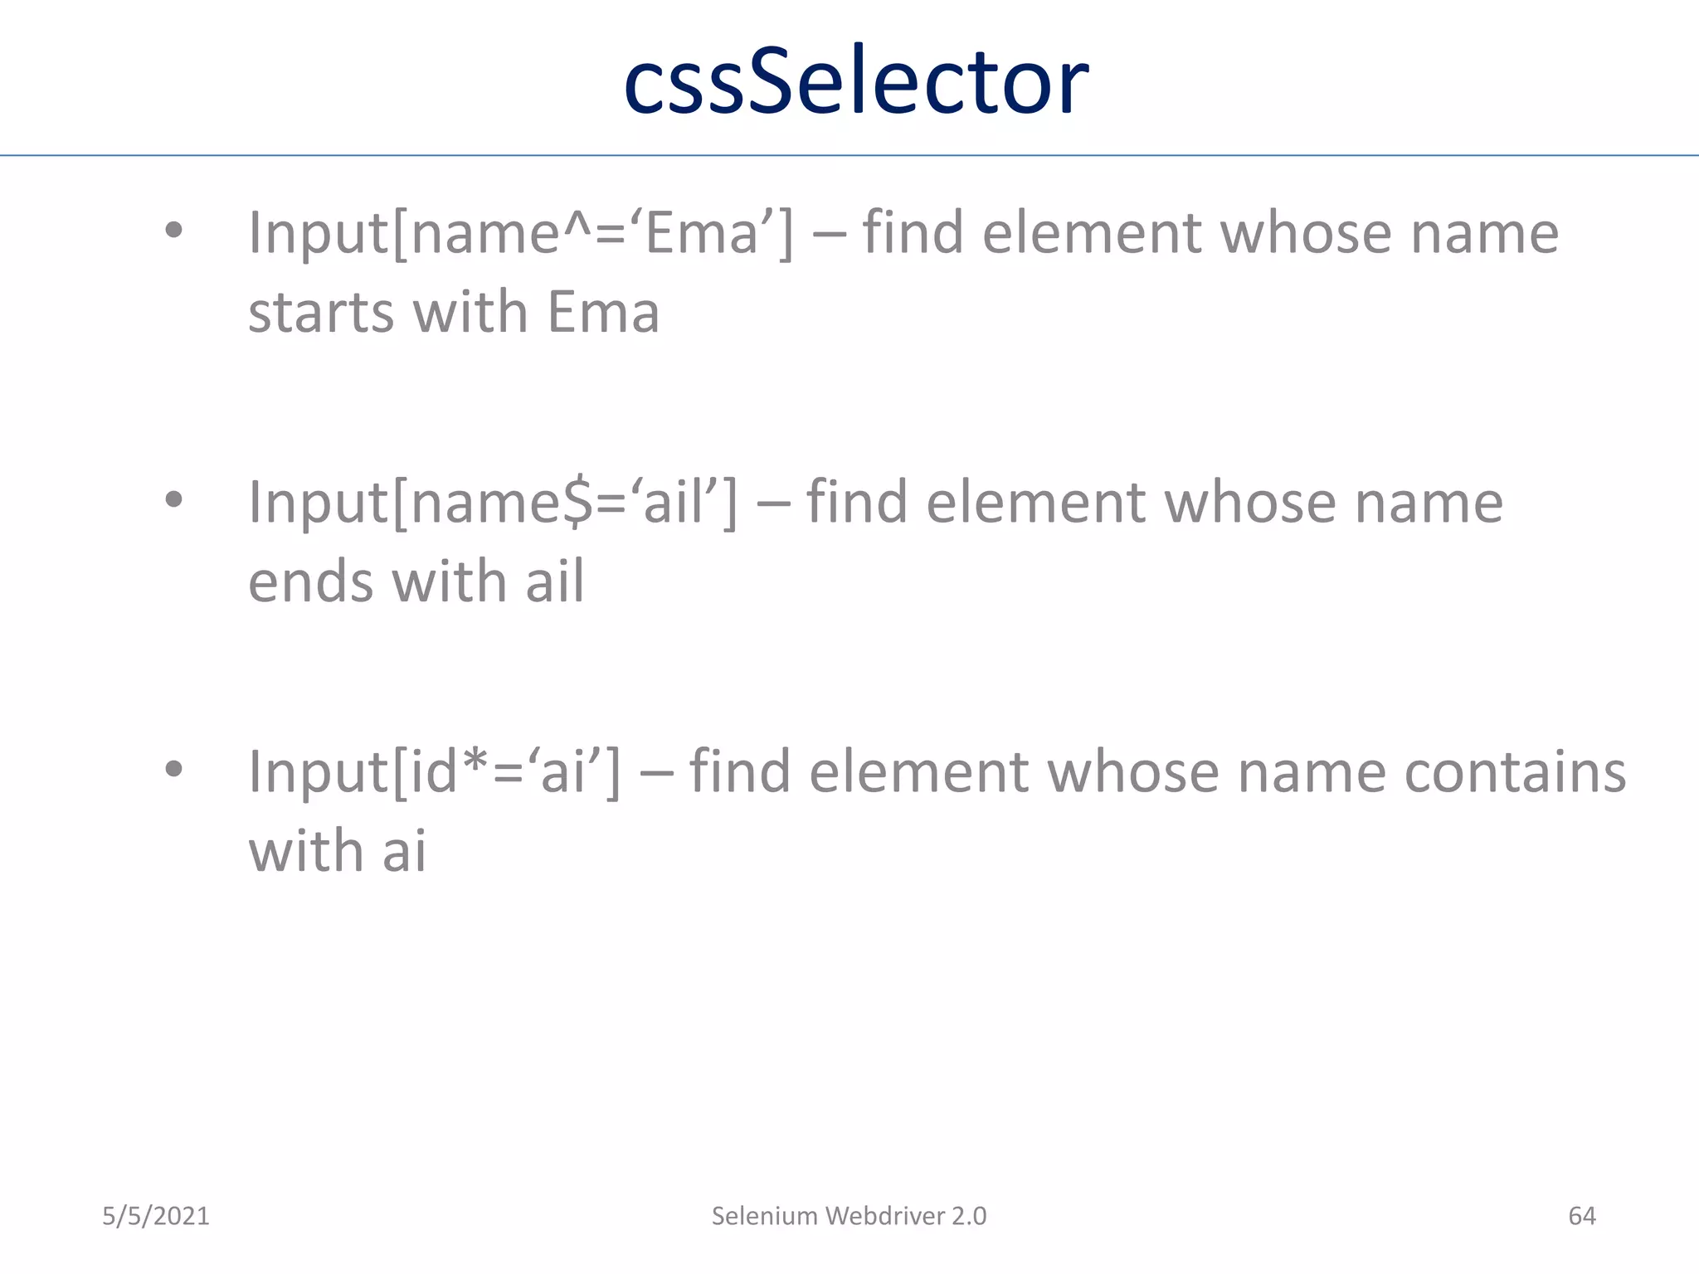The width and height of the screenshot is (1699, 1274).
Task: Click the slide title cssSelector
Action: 855,82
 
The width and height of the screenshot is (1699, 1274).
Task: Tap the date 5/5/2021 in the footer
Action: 156,1216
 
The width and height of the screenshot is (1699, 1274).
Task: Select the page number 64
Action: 1581,1216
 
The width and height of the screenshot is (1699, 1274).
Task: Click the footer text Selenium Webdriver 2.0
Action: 849,1216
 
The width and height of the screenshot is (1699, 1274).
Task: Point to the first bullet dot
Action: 173,231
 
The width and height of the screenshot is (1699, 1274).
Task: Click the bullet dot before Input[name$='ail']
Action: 173,500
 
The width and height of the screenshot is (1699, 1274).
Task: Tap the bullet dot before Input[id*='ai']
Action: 173,769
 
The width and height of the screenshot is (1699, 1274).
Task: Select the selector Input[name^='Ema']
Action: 520,233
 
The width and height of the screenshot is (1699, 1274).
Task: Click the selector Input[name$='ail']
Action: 492,503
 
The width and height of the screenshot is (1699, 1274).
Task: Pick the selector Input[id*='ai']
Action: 434,772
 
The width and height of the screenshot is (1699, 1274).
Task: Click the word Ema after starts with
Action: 603,313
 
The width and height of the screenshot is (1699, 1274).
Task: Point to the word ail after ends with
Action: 554,581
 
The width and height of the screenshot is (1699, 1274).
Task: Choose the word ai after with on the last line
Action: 404,851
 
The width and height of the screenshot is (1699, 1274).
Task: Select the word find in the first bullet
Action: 913,233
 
